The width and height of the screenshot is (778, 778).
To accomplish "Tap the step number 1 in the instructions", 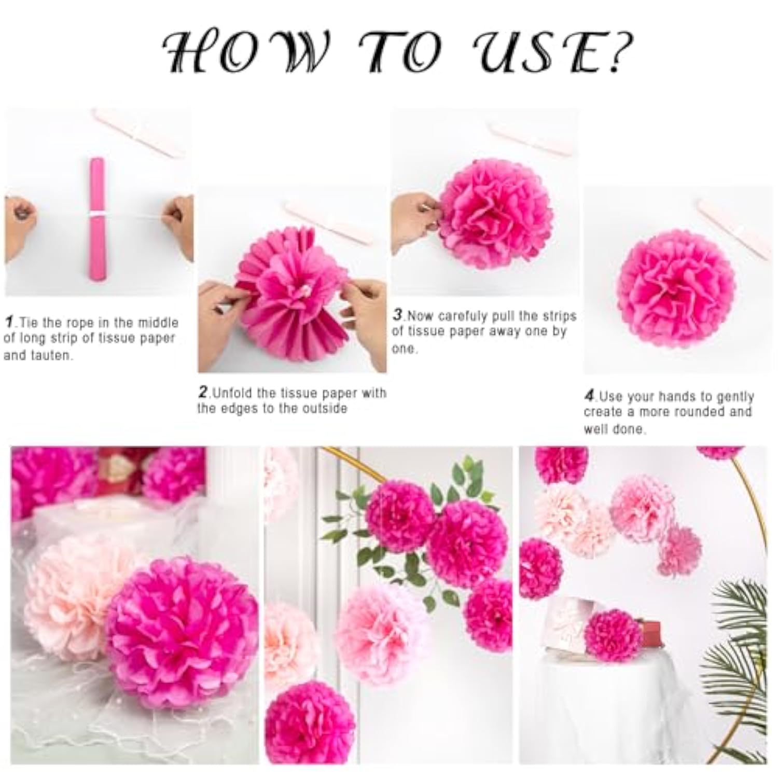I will [9, 322].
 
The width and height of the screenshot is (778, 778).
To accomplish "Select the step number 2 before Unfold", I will [203, 392].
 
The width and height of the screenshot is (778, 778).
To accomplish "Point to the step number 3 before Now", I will [398, 314].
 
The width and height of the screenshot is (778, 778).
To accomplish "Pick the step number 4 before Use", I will [589, 396].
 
